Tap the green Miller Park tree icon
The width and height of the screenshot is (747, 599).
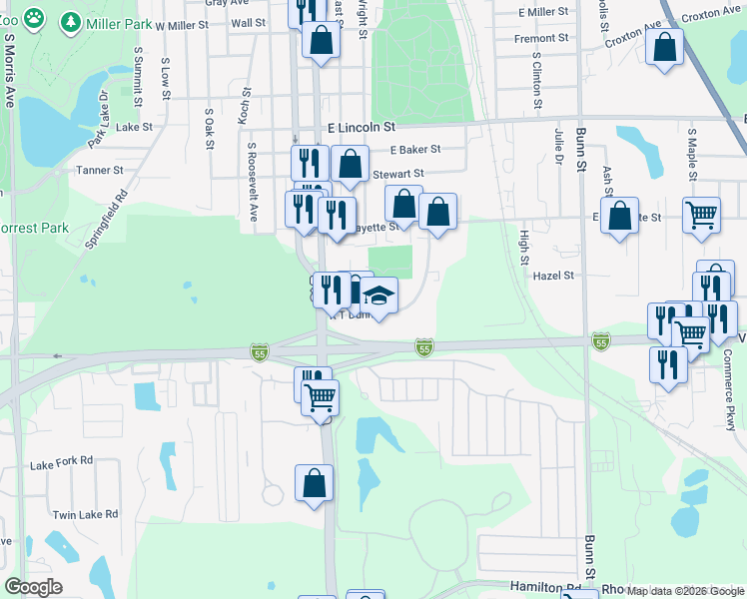click(71, 21)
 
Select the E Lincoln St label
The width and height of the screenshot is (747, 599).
click(362, 128)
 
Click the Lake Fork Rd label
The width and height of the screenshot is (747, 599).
click(61, 463)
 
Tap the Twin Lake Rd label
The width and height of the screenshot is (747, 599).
click(85, 515)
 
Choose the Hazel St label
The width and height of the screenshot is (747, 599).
click(554, 276)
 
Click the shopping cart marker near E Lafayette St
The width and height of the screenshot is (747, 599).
click(701, 213)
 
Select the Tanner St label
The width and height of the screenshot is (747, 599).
click(99, 171)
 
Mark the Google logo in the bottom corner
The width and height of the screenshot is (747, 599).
click(33, 587)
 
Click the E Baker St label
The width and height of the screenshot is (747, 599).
click(415, 150)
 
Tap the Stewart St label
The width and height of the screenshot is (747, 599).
click(397, 174)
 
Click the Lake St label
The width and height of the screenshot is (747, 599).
click(134, 128)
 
